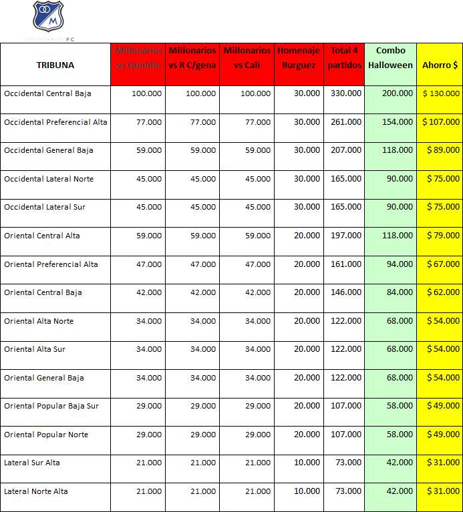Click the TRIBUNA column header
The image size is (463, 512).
(55, 65)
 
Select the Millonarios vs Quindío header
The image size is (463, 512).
(138, 58)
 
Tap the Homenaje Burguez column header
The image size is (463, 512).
(299, 58)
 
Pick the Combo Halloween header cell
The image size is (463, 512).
(390, 58)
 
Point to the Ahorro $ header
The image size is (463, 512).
(440, 65)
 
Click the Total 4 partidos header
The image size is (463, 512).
(344, 58)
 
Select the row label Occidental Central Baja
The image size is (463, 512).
(47, 93)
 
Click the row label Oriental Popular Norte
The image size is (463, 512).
(46, 435)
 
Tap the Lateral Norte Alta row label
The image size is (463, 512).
(36, 491)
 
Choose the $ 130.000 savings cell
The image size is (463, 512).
(441, 93)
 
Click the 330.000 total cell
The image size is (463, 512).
(346, 93)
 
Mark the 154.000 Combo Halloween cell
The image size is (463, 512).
(398, 122)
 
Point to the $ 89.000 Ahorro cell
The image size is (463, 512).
(443, 150)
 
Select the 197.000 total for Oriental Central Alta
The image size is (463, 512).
(346, 236)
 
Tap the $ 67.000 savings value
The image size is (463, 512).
(443, 264)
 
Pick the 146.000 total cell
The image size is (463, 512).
(346, 292)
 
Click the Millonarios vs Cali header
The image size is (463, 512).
(247, 58)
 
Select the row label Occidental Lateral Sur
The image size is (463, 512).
(45, 207)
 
